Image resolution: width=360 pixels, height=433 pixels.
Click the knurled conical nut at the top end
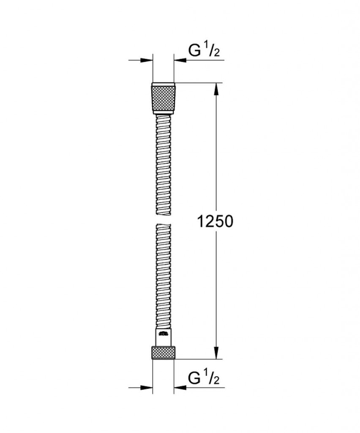(x=163, y=97)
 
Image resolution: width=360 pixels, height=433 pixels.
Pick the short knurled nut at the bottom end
(x=163, y=353)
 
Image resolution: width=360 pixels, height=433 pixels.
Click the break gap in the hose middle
(x=163, y=219)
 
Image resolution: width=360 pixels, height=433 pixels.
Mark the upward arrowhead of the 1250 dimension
(x=216, y=89)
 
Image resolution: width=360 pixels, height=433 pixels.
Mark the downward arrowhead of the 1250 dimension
(x=216, y=354)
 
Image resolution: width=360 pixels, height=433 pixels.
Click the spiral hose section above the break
(x=163, y=165)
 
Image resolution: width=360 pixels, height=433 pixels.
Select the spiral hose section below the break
(x=163, y=275)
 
